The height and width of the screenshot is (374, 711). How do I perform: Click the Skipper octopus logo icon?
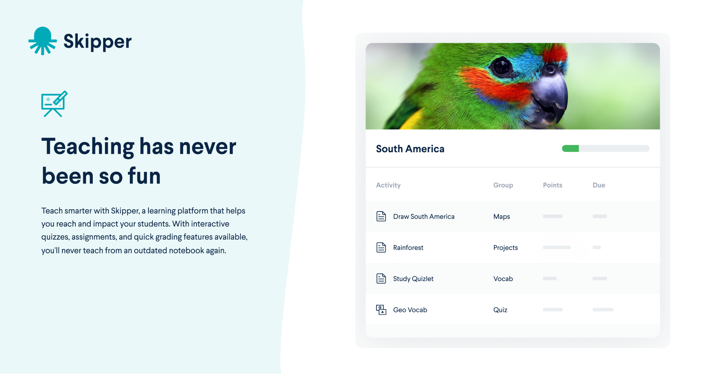click(x=42, y=41)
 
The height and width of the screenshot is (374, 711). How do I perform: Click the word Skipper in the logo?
click(x=97, y=42)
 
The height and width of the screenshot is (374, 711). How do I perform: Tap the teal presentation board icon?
click(x=54, y=104)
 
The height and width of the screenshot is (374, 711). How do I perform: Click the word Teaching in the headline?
click(x=88, y=147)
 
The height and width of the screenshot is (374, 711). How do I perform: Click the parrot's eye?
click(x=501, y=66)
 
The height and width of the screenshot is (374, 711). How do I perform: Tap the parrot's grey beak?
click(x=550, y=94)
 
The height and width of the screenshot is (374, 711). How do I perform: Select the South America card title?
click(x=410, y=149)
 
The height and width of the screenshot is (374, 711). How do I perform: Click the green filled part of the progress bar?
click(x=570, y=149)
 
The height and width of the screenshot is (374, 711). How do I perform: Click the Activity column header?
click(x=388, y=185)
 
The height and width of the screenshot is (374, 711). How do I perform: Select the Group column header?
click(x=503, y=185)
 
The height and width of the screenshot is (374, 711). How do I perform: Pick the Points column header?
click(x=552, y=185)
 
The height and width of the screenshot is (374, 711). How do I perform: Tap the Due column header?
click(x=598, y=185)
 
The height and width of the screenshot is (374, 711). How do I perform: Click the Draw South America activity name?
click(x=424, y=217)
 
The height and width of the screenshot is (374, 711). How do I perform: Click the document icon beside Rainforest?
click(x=381, y=247)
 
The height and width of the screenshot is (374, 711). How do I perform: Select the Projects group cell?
click(x=505, y=247)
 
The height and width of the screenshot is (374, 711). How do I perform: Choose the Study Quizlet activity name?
click(x=413, y=279)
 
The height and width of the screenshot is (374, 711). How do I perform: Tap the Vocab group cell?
click(x=503, y=279)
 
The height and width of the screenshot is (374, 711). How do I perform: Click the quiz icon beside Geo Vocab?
click(x=381, y=310)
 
